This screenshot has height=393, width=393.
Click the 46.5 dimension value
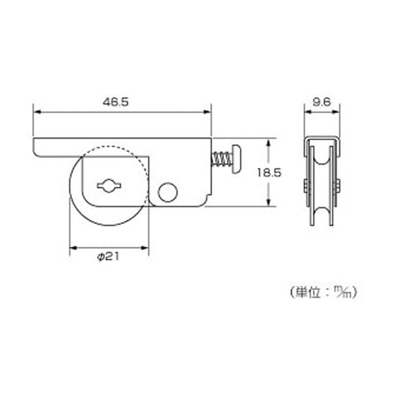[115, 102]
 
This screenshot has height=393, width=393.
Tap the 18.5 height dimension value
[269, 173]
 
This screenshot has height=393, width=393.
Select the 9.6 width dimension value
[322, 102]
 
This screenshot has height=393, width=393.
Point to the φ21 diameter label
[108, 257]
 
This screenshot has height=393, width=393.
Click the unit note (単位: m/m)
[324, 293]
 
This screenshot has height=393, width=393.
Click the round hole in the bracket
[168, 193]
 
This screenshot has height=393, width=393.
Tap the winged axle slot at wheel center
[109, 186]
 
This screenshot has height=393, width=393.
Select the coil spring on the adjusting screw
[221, 160]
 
